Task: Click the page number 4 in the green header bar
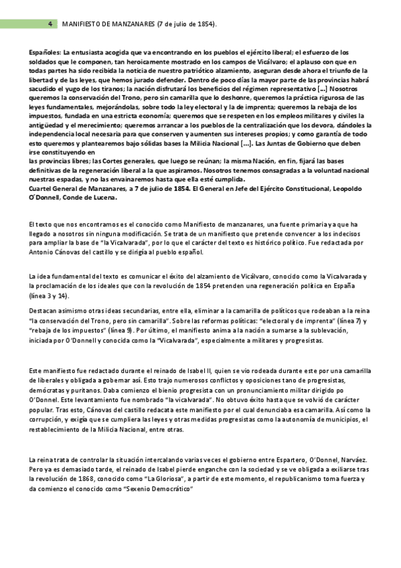point(51,23)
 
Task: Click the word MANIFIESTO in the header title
point(82,23)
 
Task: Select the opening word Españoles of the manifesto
point(45,52)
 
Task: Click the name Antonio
point(44,253)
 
